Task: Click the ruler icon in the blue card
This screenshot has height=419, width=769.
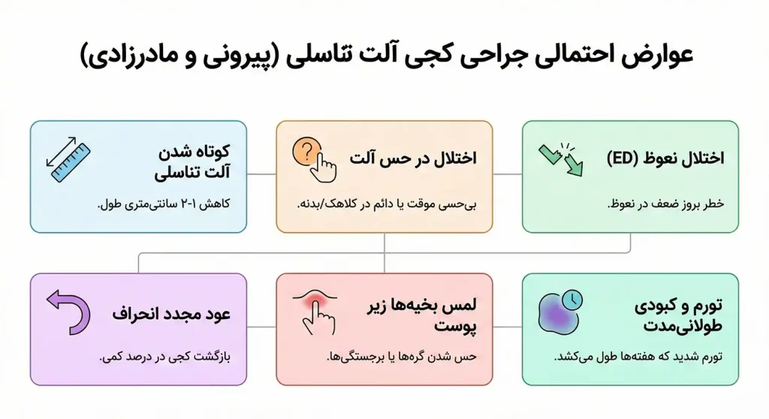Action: pyautogui.click(x=68, y=159)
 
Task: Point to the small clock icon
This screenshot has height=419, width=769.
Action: pyautogui.click(x=571, y=300)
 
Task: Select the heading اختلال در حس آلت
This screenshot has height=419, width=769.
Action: pyautogui.click(x=412, y=159)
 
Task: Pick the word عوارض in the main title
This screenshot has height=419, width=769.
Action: pyautogui.click(x=652, y=57)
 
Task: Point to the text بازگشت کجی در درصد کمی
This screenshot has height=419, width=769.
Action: pyautogui.click(x=164, y=357)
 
